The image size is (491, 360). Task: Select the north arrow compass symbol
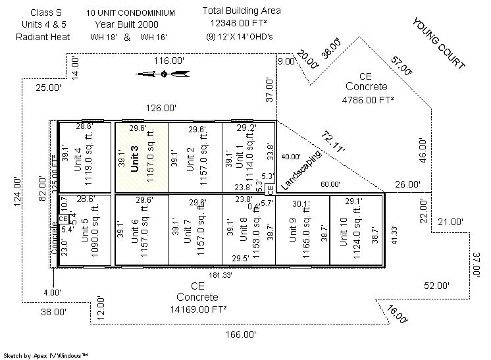[x=163, y=73]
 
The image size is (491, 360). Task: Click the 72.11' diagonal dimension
[x=334, y=141]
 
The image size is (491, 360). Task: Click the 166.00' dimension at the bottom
[x=240, y=334]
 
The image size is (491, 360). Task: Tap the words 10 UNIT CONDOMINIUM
[x=130, y=13]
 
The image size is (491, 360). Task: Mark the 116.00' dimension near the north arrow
[x=169, y=61]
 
